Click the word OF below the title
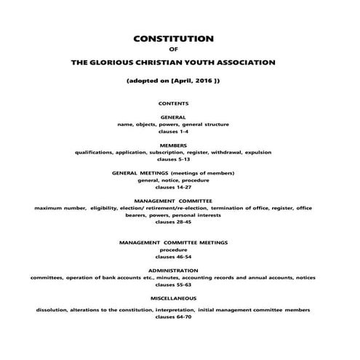pyautogui.click(x=172, y=50)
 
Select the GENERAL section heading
pyautogui.click(x=172, y=117)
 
